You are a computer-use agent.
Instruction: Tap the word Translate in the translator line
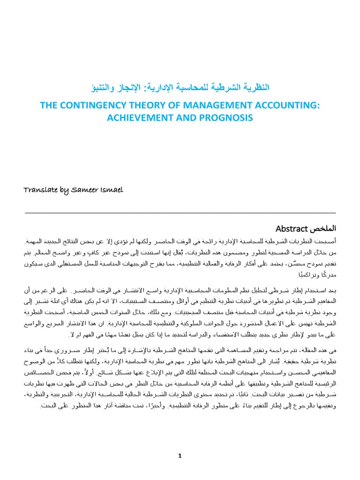point(40,189)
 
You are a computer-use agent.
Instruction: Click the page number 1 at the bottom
point(180,455)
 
